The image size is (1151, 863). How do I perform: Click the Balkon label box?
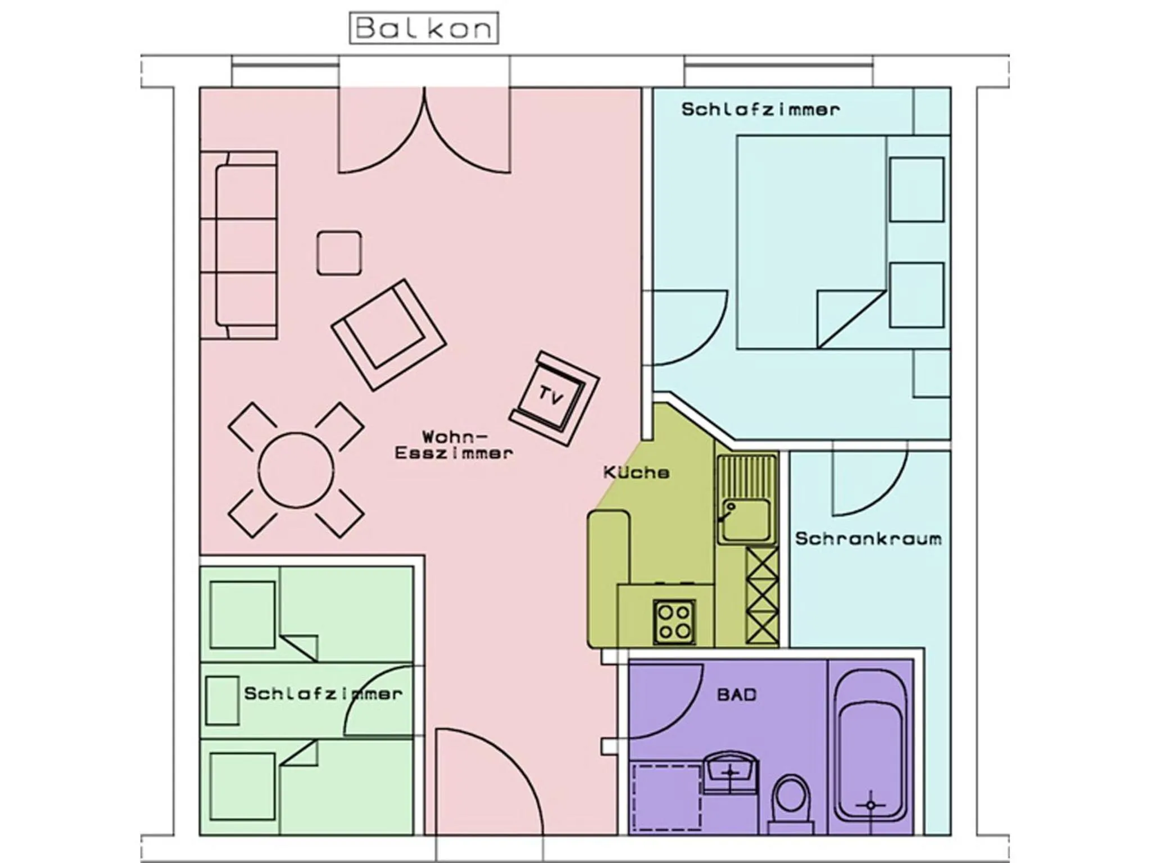[424, 28]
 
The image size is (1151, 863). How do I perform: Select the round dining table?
[296, 470]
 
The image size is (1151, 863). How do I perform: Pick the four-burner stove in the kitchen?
[674, 621]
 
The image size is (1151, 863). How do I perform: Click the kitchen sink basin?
[746, 519]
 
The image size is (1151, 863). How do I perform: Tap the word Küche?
[636, 473]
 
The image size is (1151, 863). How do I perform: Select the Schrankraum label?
[868, 539]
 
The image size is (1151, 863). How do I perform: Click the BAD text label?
[737, 695]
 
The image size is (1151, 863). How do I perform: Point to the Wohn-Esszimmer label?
[454, 445]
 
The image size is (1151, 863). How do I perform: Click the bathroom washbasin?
[730, 773]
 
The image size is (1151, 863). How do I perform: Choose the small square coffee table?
[339, 253]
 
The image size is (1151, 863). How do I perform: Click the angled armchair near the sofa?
[388, 334]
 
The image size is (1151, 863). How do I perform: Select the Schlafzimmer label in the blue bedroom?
[760, 109]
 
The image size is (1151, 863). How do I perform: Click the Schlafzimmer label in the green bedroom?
[323, 693]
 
